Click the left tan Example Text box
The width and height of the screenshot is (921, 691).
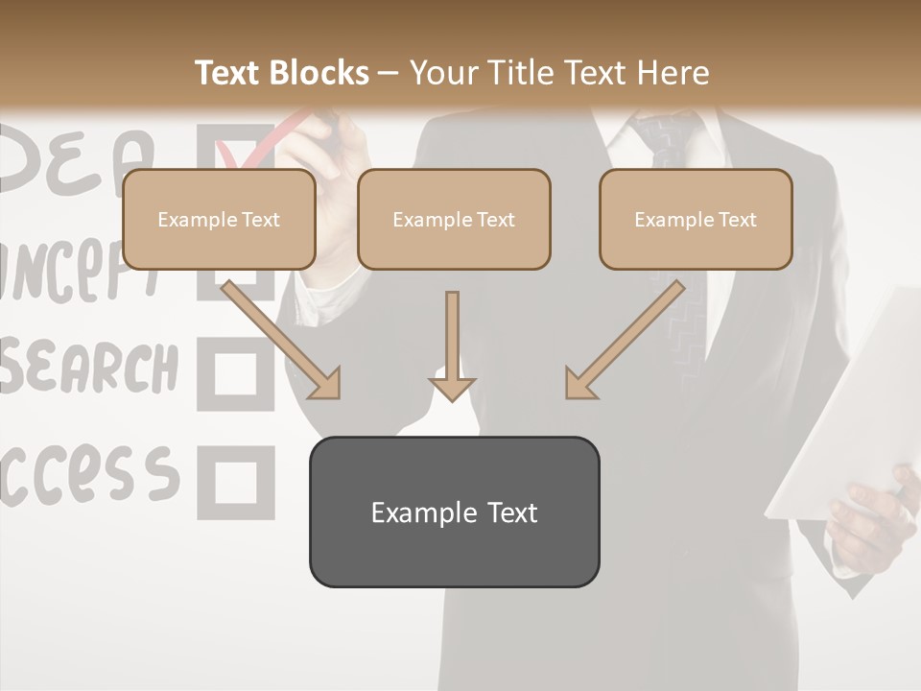click(x=219, y=220)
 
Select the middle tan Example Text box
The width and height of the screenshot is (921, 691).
click(x=454, y=220)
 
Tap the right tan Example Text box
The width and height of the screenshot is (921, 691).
click(x=696, y=220)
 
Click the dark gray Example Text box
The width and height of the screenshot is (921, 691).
click(x=454, y=512)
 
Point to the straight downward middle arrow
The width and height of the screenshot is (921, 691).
click(x=452, y=345)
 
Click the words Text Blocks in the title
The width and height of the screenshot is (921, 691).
click(x=282, y=73)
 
